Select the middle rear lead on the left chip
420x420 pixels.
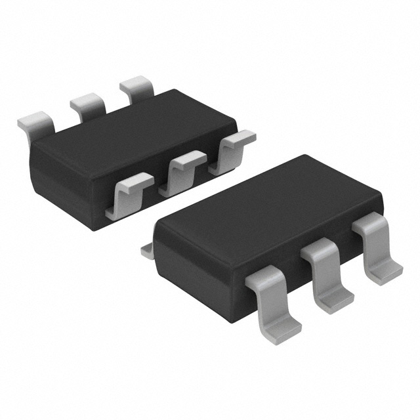(88, 104)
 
